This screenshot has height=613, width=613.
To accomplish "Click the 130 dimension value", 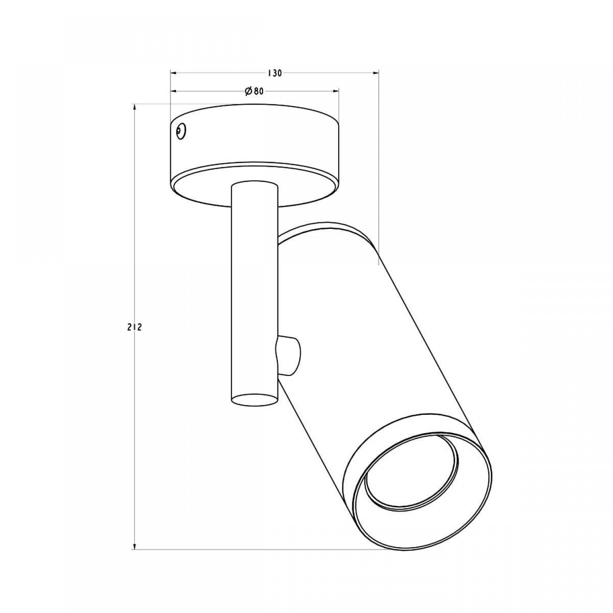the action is [x=275, y=74].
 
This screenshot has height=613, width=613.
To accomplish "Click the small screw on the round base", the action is [x=180, y=131].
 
